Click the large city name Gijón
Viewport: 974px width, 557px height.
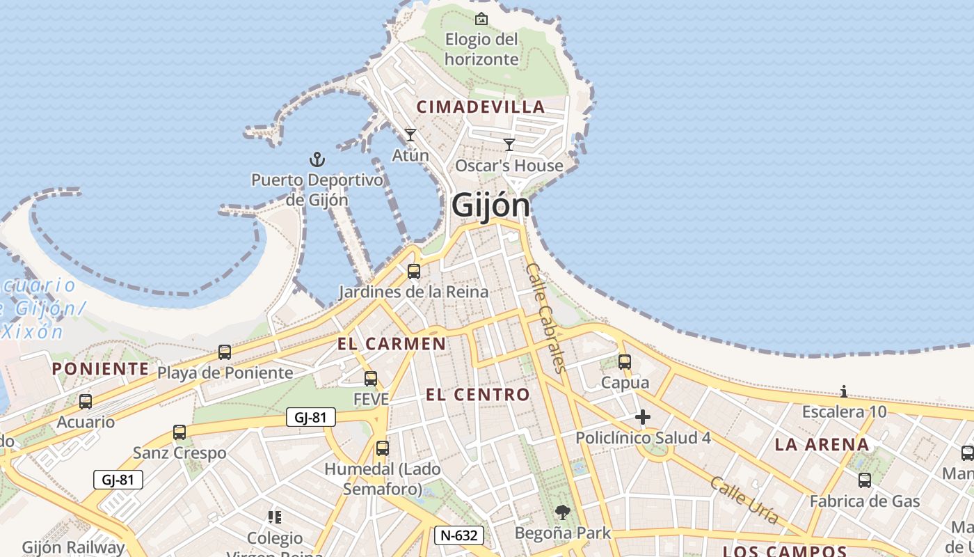pos(490,206)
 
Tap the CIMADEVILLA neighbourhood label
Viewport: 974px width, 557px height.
pos(480,107)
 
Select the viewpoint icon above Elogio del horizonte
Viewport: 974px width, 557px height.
pos(481,19)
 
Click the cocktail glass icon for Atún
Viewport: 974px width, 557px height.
pos(410,134)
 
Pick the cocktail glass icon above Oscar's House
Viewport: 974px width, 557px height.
pos(509,145)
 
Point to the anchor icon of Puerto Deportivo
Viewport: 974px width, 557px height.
pos(317,159)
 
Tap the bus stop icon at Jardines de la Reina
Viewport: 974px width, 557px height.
pos(414,272)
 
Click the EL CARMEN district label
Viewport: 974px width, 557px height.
pos(392,343)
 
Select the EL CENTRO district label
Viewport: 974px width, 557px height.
pos(478,395)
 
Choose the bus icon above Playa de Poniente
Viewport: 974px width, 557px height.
pos(225,352)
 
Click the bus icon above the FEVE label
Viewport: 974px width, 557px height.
pos(371,379)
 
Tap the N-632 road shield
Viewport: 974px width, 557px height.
pos(459,535)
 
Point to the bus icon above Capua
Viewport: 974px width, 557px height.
pos(625,362)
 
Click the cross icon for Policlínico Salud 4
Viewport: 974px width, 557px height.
pos(643,417)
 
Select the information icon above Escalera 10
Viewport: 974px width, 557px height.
pos(844,391)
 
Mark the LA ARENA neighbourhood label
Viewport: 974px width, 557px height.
pos(822,444)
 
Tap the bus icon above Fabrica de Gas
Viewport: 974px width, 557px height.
pos(865,480)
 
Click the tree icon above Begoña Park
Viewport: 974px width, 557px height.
pos(562,513)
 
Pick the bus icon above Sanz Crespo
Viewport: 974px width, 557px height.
pos(179,432)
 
